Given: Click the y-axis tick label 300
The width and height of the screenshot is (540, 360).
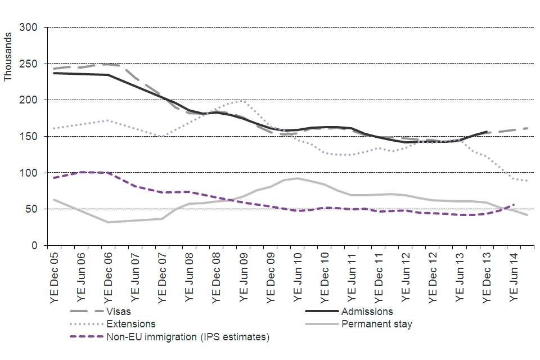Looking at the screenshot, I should (29, 27).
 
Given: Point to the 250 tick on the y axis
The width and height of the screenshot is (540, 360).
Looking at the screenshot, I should (29, 64).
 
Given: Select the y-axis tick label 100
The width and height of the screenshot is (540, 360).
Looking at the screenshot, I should (29, 173).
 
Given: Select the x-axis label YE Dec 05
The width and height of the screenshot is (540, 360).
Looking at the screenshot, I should (55, 276).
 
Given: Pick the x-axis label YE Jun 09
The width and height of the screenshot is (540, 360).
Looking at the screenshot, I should (244, 276).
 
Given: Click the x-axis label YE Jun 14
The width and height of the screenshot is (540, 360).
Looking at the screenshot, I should (514, 276).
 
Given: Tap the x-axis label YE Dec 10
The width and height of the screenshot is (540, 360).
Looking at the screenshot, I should (325, 276).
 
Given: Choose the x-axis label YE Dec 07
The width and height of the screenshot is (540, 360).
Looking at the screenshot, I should (163, 276).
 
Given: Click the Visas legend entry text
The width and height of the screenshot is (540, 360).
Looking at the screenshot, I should (123, 311).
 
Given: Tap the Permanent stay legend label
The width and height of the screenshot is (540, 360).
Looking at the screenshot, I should (375, 324).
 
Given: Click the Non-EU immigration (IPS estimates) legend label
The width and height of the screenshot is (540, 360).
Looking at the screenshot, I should (187, 337).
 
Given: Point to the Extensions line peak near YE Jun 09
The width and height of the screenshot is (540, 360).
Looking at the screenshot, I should (241, 101).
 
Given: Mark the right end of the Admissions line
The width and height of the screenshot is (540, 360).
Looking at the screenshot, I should (487, 132).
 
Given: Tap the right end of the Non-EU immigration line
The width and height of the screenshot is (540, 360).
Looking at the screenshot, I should (514, 204).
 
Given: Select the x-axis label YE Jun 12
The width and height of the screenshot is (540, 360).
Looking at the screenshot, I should (406, 276).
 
